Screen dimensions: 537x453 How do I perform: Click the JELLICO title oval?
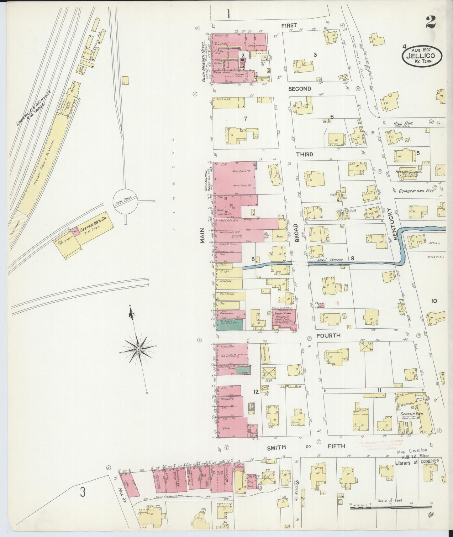423,57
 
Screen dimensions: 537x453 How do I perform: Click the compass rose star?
138,349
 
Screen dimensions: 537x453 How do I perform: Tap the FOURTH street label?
328,336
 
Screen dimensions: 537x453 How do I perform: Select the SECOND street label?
299,89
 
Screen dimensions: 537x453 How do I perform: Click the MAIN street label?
202,235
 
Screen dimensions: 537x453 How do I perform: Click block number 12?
256,391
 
